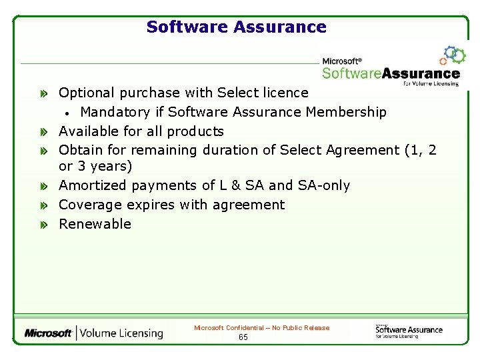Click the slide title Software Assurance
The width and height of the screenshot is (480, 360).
click(236, 27)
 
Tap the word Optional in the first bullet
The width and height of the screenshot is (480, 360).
click(85, 93)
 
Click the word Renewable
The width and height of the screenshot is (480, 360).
click(95, 224)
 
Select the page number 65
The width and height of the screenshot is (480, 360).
click(243, 337)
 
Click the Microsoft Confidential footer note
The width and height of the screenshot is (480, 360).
click(261, 328)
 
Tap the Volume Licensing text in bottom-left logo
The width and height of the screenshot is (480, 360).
click(122, 333)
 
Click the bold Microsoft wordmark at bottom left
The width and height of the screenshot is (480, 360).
click(48, 333)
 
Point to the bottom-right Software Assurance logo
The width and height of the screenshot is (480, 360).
click(408, 330)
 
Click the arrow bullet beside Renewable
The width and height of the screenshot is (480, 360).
click(43, 225)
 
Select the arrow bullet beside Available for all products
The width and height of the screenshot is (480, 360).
click(43, 132)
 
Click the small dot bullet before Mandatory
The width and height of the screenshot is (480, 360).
click(68, 113)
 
